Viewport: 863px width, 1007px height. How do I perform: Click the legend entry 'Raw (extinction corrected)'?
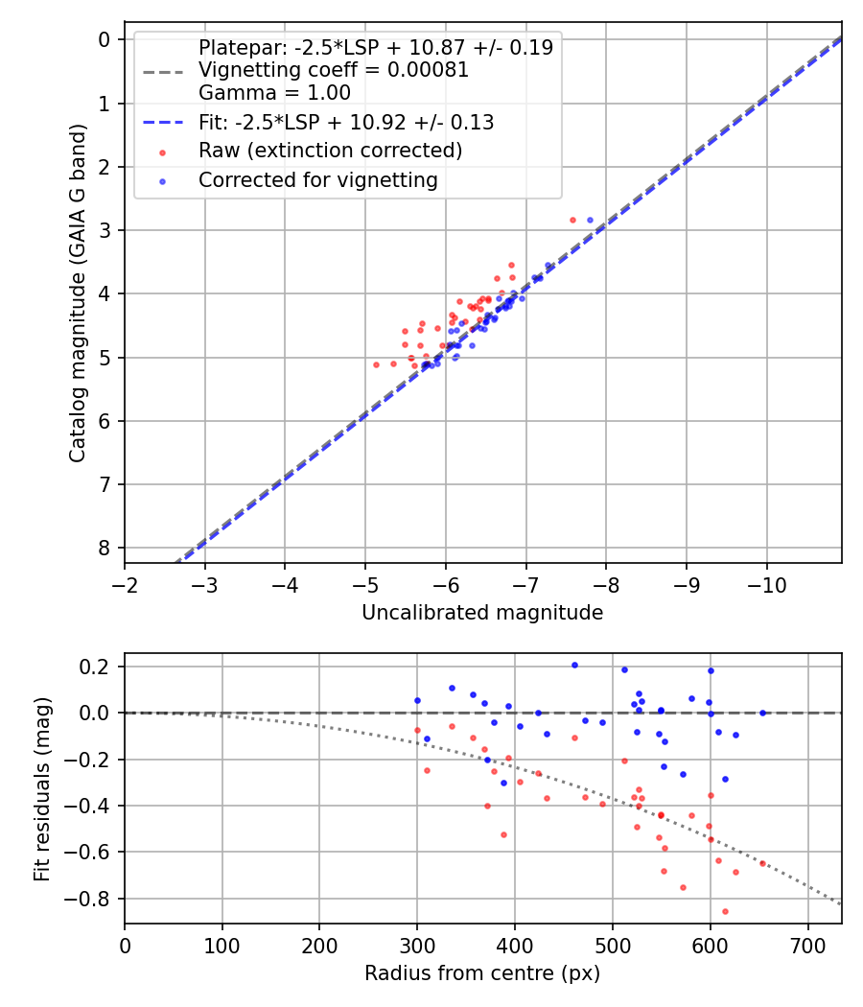coord(330,151)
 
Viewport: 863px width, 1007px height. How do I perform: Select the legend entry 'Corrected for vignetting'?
coord(317,179)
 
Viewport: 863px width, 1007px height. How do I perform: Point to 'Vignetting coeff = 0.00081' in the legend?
coord(333,70)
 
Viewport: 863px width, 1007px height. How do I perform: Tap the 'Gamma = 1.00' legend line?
coord(274,93)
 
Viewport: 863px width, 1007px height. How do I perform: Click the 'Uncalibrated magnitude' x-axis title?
coord(482,613)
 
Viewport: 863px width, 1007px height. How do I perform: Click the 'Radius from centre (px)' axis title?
coord(482,973)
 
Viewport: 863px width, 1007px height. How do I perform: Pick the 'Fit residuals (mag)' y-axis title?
coord(41,788)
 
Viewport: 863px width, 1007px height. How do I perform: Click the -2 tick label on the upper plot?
coord(125,585)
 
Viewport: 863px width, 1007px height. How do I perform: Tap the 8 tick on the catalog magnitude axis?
coord(104,548)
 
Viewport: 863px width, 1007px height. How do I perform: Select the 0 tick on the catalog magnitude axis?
coord(104,39)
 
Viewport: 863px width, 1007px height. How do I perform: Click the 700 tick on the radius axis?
coord(807,946)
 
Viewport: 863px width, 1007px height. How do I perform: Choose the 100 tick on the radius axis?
coord(222,946)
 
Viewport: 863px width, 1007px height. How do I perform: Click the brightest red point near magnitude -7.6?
coord(572,220)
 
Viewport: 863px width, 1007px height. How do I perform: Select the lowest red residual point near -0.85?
coord(725,911)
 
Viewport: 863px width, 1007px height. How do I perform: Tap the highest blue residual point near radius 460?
coord(574,665)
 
